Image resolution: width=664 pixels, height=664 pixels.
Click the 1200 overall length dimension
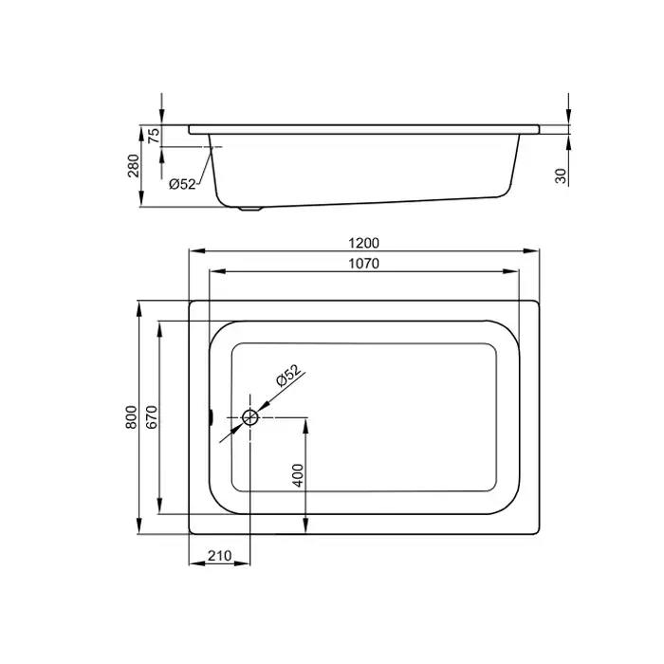point(363,243)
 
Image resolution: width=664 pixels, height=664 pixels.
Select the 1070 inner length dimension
point(363,264)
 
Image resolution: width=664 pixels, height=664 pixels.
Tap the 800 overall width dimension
point(131,417)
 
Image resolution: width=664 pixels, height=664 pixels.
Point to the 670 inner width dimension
point(152,417)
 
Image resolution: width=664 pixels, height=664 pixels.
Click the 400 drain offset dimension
point(299,475)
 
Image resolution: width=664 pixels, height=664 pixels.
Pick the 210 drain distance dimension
point(220,555)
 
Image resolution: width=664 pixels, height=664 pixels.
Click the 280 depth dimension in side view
point(134,166)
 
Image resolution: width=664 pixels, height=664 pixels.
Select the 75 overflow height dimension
point(155,135)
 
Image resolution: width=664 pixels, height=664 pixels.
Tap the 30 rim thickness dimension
point(561,175)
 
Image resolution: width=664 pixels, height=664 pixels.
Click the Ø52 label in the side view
point(182,184)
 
